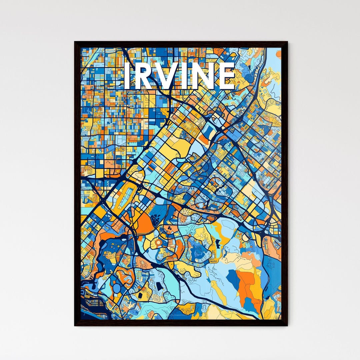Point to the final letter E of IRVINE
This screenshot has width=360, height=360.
(x=227, y=76)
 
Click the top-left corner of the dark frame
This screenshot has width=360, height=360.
(x=75, y=42)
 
